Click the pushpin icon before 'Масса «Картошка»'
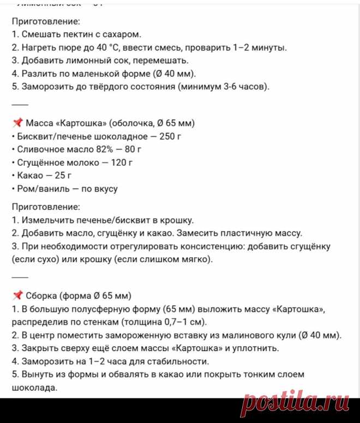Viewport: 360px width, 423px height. point(17,122)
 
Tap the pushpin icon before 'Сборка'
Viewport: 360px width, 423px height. point(17,296)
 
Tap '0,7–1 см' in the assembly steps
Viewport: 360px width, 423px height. point(176,322)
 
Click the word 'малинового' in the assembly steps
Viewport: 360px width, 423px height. point(240,335)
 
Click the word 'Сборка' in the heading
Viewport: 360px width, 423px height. point(41,296)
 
